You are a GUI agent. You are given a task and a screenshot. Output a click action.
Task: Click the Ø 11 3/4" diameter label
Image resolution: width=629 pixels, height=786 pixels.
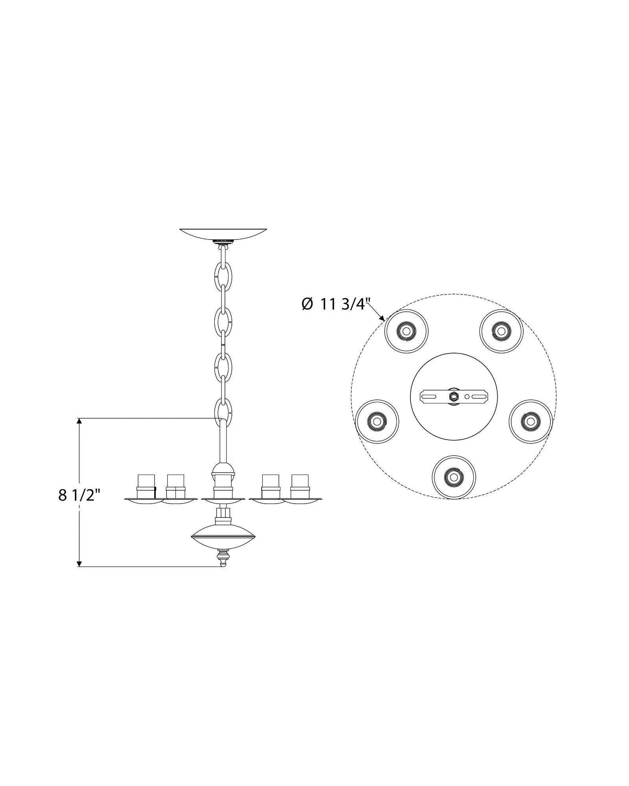point(336,304)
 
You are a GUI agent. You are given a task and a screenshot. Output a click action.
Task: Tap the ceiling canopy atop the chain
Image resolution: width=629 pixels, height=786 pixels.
point(223,234)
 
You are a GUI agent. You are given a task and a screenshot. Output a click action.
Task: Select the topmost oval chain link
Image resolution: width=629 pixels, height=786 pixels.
point(223,272)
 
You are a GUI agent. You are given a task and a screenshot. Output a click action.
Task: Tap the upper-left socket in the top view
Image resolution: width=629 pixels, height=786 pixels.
point(406,331)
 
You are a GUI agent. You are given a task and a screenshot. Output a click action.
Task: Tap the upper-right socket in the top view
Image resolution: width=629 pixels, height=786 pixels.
point(501,331)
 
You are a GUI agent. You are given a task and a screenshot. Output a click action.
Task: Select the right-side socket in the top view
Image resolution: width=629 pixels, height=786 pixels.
point(531,421)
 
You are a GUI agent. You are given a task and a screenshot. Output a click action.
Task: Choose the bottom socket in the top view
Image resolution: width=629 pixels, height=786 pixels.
point(454,477)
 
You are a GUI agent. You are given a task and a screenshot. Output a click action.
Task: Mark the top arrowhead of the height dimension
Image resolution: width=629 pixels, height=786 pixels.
point(79,422)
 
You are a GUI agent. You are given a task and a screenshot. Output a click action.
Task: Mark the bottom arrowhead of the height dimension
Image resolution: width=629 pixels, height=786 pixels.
point(79,563)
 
